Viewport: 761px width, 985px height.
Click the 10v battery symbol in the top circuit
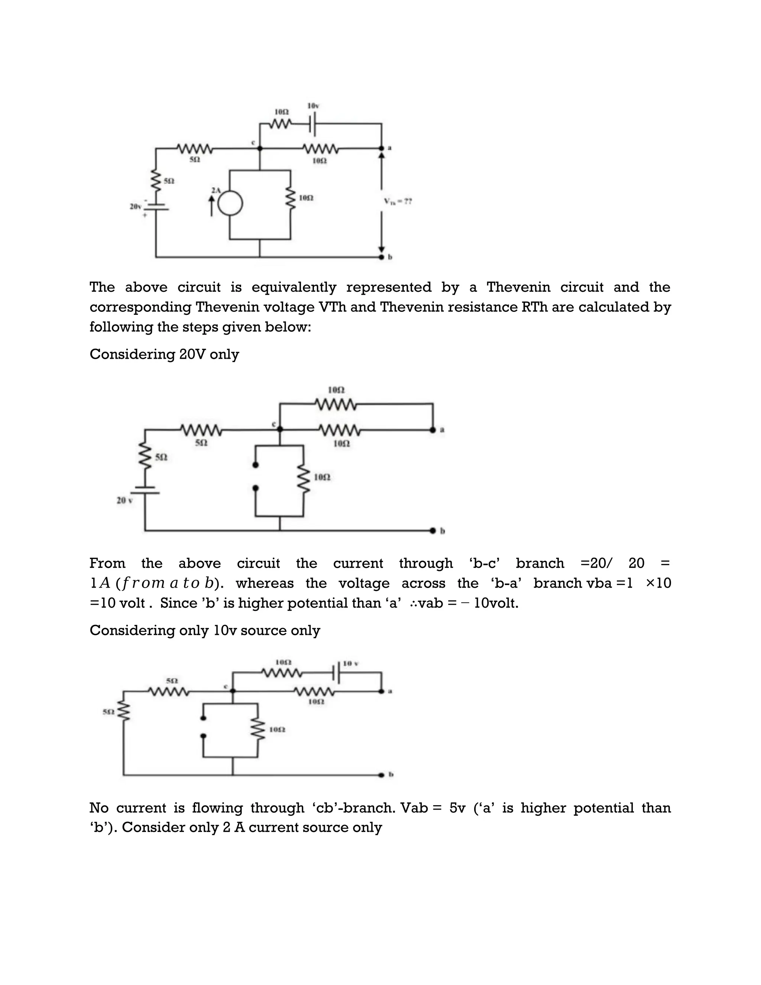pyautogui.click(x=313, y=123)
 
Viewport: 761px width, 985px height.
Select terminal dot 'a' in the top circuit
pyautogui.click(x=381, y=148)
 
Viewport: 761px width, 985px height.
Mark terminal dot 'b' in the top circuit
pyautogui.click(x=381, y=257)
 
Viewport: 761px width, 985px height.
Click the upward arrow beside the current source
pyautogui.click(x=211, y=206)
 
